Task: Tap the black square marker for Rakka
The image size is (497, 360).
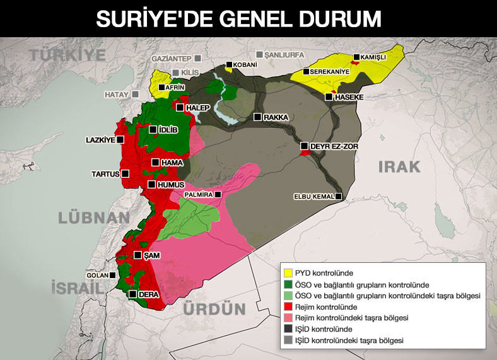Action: coord(257,117)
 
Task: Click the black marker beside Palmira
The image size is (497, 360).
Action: coord(218,195)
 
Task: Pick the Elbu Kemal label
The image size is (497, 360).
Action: coord(313,197)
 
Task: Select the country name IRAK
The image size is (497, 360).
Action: coord(399,166)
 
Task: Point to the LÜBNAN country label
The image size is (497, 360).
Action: coord(94,218)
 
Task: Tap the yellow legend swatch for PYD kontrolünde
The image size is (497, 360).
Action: coord(288,273)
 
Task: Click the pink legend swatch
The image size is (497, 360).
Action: coord(288,318)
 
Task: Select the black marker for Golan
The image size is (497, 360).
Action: coord(112,275)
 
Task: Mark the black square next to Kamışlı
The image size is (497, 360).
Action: coord(356,57)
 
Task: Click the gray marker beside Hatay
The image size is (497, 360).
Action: coord(135,95)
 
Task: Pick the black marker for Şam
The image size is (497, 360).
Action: coord(136,255)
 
